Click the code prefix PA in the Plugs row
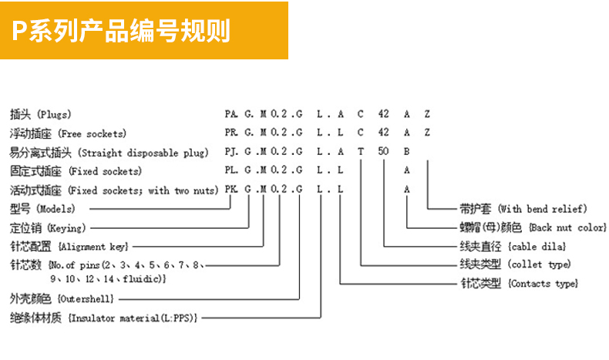tap(230, 113)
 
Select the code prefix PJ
tap(230, 152)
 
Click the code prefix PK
tap(230, 190)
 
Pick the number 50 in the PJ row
tap(383, 152)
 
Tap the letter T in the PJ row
tap(360, 152)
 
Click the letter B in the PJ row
tap(406, 152)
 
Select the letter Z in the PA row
tap(427, 113)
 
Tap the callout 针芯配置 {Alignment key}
tap(69, 247)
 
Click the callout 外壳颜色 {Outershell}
tap(61, 298)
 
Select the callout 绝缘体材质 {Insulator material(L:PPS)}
tap(104, 317)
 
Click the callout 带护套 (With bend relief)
tap(523, 209)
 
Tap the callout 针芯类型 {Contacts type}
tap(518, 284)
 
